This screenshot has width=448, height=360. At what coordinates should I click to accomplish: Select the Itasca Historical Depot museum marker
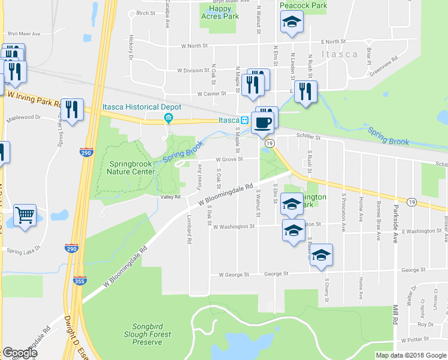click(x=169, y=116)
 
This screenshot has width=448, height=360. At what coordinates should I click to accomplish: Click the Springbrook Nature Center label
click(x=131, y=167)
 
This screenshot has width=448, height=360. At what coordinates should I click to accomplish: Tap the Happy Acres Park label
click(x=220, y=13)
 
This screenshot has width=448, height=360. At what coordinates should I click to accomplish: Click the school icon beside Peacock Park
click(x=292, y=23)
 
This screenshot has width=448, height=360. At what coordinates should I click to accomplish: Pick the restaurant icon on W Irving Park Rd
click(x=72, y=109)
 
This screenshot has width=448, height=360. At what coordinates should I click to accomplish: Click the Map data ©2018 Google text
click(x=410, y=355)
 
